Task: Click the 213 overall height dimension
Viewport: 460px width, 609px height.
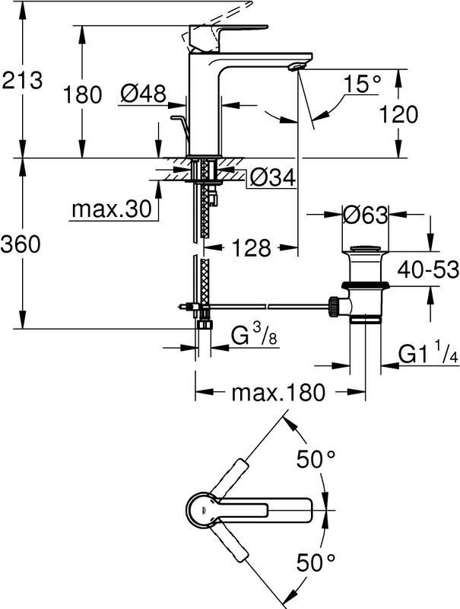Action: (22, 79)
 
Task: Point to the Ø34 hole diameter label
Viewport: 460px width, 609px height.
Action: (272, 177)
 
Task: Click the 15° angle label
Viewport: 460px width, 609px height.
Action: (359, 84)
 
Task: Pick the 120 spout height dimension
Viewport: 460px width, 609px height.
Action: (398, 114)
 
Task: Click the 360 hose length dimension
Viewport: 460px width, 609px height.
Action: (22, 245)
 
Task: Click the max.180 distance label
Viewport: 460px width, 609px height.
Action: (278, 393)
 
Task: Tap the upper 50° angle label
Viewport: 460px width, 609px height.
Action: (316, 459)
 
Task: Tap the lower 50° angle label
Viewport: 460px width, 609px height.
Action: (316, 563)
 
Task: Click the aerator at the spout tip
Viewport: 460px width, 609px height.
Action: (297, 67)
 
